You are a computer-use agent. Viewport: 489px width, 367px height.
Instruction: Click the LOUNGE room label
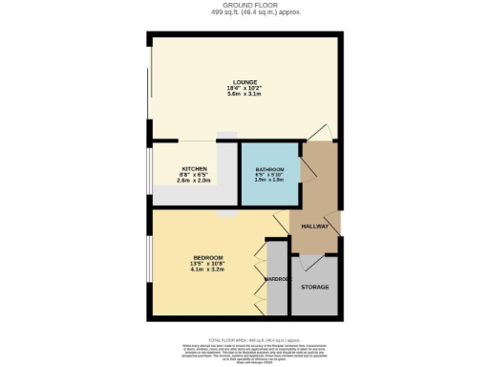tap(244, 82)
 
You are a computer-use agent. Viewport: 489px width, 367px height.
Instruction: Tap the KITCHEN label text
tap(194, 170)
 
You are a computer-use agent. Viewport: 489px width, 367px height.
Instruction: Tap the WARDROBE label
tap(277, 279)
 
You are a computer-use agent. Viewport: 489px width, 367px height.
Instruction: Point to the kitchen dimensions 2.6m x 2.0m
tap(194, 182)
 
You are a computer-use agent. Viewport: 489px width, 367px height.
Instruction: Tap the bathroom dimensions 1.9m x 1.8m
tap(268, 181)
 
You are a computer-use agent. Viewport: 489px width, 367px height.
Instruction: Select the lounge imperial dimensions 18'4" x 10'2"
tap(244, 89)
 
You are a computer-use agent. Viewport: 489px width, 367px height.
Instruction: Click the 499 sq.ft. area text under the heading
tap(244, 15)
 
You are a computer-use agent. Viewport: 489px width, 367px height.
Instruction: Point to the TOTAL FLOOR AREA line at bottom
tap(244, 338)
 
